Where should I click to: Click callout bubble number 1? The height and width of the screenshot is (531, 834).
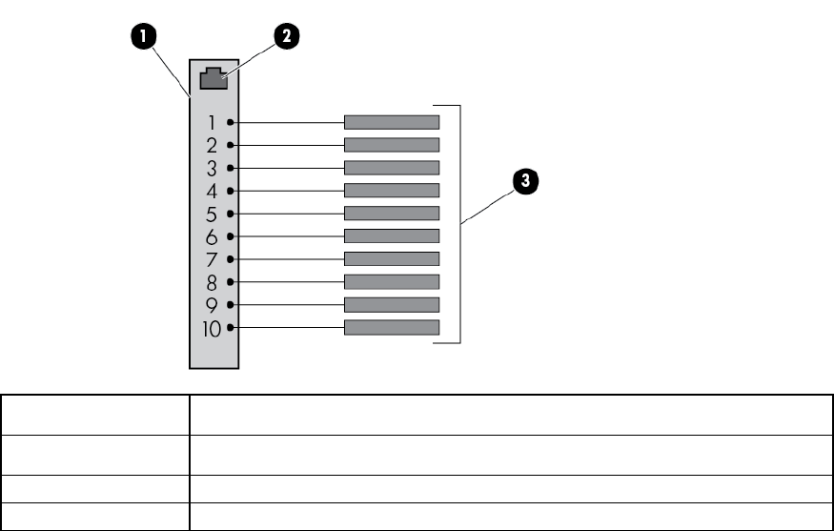tap(143, 37)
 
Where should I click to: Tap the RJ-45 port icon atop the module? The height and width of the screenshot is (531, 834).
tap(214, 79)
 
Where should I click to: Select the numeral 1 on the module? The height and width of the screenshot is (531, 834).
tap(213, 123)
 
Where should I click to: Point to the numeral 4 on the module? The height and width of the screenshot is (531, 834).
tap(213, 191)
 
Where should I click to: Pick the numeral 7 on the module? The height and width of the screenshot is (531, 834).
tap(213, 259)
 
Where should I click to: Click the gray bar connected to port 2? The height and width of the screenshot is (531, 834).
tap(392, 145)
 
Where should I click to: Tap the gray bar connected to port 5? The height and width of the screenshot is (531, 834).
tap(392, 214)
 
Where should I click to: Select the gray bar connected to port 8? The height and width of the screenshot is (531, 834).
tap(392, 282)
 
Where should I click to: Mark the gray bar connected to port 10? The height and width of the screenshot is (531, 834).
tap(392, 328)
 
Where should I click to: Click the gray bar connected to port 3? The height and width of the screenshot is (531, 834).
tap(392, 168)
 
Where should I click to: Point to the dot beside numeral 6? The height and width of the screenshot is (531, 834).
tap(231, 236)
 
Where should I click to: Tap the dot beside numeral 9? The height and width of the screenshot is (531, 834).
tap(231, 305)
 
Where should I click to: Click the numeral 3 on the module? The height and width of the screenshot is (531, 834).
tap(213, 169)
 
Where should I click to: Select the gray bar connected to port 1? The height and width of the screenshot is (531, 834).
tap(392, 122)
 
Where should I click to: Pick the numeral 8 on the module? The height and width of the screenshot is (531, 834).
tap(213, 283)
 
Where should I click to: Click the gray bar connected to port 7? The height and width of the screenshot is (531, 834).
tap(392, 259)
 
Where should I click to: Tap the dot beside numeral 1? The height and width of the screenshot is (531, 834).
tap(231, 123)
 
